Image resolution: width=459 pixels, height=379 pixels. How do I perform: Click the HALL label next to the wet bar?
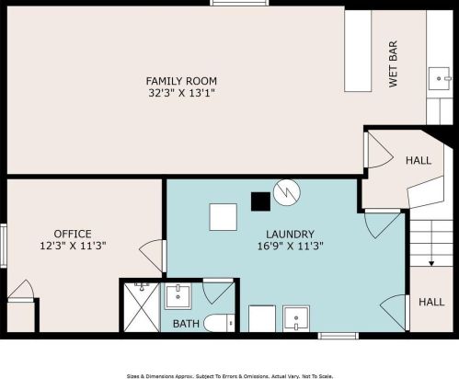(x=418, y=161)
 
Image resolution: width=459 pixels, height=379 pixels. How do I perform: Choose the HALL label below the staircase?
(x=431, y=302)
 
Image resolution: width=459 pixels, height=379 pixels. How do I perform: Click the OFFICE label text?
(x=72, y=234)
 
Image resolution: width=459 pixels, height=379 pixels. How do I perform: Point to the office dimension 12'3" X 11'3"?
(x=72, y=246)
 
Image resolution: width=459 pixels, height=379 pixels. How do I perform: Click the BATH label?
(x=186, y=323)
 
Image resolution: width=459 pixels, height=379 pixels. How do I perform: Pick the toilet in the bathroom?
(x=216, y=323)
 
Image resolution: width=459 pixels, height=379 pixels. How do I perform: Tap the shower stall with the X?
(x=141, y=306)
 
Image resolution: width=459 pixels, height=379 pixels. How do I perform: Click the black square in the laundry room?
(x=260, y=199)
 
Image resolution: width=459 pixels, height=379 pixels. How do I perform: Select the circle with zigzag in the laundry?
(x=288, y=191)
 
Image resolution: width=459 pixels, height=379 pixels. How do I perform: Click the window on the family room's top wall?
(x=232, y=3)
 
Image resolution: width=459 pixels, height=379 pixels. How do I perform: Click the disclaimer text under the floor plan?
(x=229, y=374)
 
